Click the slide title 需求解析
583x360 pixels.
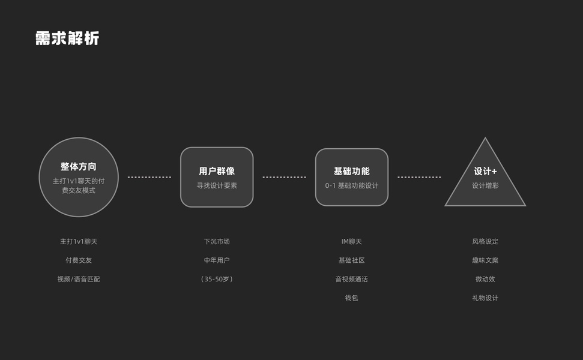click(x=67, y=38)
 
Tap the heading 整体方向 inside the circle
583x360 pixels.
click(x=79, y=167)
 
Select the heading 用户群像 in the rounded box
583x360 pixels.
click(x=217, y=172)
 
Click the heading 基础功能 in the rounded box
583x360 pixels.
click(x=352, y=172)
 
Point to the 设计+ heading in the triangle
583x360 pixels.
click(x=485, y=172)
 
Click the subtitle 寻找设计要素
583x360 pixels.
click(x=217, y=186)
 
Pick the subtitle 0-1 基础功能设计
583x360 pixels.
click(x=352, y=186)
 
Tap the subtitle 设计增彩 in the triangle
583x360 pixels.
click(x=485, y=186)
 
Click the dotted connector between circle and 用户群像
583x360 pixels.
click(x=150, y=178)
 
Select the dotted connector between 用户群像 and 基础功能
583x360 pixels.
click(x=284, y=178)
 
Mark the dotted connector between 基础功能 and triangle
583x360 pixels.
click(x=419, y=178)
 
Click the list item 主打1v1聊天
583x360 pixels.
click(x=79, y=242)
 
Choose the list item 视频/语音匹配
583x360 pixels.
click(x=79, y=279)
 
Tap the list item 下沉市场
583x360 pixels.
click(x=217, y=242)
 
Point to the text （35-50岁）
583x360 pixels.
click(x=217, y=279)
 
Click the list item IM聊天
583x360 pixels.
click(x=352, y=242)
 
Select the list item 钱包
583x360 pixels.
click(x=352, y=298)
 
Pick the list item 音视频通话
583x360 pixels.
click(x=352, y=279)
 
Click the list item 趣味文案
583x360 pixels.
click(x=485, y=260)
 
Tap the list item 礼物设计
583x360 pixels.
click(x=485, y=298)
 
